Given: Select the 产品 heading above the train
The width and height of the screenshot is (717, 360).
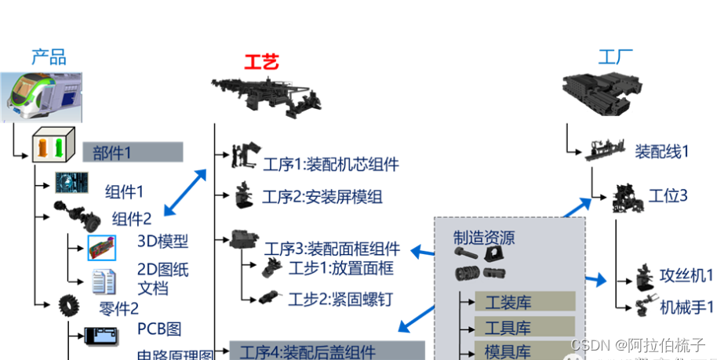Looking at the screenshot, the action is tap(49, 56).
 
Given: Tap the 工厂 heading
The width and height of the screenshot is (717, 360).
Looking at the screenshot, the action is tap(616, 56).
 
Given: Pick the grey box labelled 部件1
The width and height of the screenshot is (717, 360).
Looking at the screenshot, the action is tap(133, 152).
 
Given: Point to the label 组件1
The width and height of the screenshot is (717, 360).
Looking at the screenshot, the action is tap(125, 191).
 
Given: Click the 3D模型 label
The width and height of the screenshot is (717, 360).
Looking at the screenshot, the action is tap(163, 241).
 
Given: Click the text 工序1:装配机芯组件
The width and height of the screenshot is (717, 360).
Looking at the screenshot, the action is tap(330, 165).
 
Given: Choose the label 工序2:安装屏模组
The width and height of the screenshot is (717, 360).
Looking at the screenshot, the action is tap(322, 197).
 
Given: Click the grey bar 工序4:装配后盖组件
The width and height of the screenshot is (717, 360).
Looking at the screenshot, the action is tap(326, 351).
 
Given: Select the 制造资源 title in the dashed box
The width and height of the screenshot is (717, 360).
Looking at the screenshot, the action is tap(484, 238).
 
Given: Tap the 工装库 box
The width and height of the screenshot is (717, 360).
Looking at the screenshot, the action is tap(524, 301).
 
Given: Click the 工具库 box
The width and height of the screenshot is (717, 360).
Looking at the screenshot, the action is tap(524, 326).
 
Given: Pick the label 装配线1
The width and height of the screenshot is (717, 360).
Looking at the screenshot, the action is tap(662, 151).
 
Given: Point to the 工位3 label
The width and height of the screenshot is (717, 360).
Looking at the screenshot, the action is tap(668, 195).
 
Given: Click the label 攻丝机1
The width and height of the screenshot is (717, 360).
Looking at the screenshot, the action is tap(686, 275).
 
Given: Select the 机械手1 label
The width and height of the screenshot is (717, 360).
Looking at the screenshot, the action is tap(686, 307).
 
